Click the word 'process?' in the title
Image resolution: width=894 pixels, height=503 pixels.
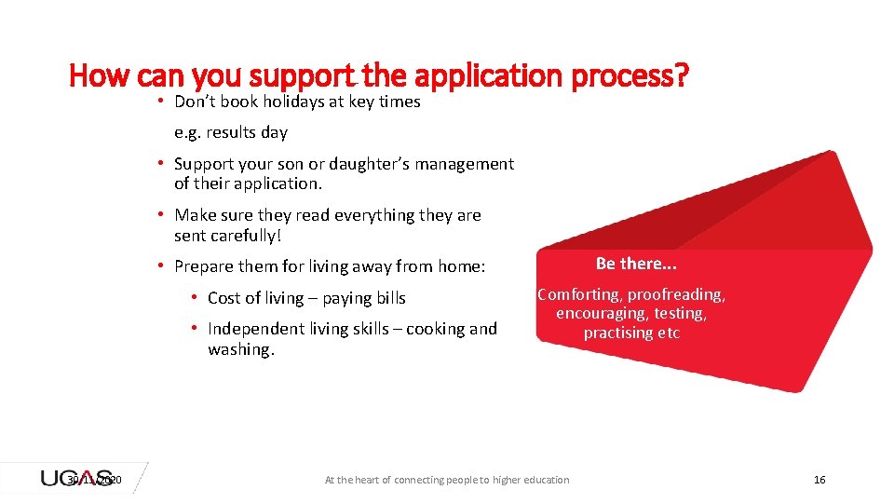click(630, 75)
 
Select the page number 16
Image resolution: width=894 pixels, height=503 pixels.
click(819, 480)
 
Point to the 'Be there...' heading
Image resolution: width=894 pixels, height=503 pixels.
click(636, 264)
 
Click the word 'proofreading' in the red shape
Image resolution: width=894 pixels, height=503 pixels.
click(676, 294)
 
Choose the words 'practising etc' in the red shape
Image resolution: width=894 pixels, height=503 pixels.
click(631, 333)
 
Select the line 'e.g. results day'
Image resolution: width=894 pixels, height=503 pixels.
click(231, 132)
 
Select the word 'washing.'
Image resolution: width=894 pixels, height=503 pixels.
click(241, 349)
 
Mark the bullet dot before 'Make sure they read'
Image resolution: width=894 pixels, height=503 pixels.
click(162, 214)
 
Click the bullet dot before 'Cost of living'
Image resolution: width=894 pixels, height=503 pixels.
click(194, 297)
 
